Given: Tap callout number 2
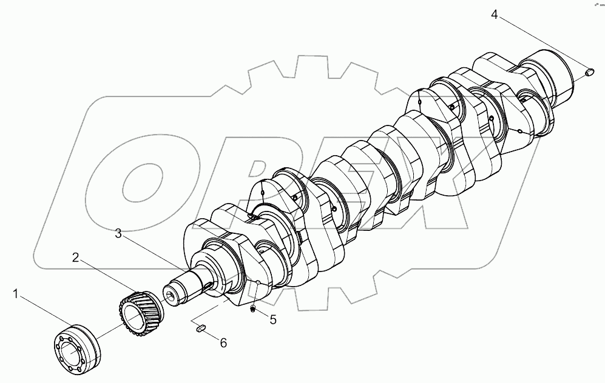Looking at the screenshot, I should [x=75, y=258].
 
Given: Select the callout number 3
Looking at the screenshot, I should [x=119, y=233].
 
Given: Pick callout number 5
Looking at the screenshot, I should [x=272, y=319].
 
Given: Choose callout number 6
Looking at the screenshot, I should [x=223, y=343].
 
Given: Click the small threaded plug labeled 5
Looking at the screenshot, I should [x=253, y=310].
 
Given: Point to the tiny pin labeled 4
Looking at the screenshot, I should [x=589, y=73].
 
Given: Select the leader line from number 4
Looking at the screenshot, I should [x=540, y=42].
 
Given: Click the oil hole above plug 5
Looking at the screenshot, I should [x=258, y=282].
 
